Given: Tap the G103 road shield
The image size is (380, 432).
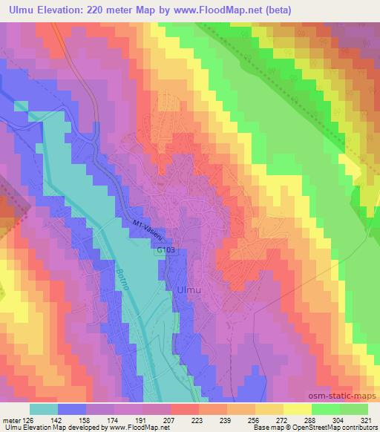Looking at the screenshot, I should (x=166, y=252).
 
